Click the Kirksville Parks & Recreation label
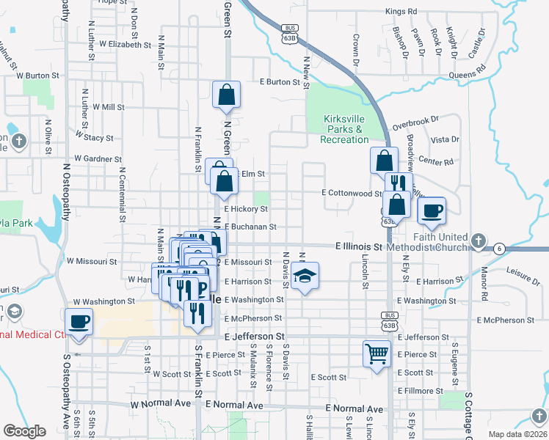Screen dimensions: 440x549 [x=344, y=129]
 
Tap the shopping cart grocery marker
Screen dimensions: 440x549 [x=377, y=353]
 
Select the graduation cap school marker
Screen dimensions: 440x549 [x=305, y=276]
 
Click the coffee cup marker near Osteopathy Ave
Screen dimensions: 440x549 [x=79, y=322]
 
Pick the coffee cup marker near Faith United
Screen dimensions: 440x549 [x=432, y=210]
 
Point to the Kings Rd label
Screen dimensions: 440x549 [x=401, y=12]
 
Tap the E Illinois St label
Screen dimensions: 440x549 [x=360, y=247]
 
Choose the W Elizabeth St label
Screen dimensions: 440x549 [x=125, y=45]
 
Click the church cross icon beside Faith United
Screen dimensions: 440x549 [x=478, y=241]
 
